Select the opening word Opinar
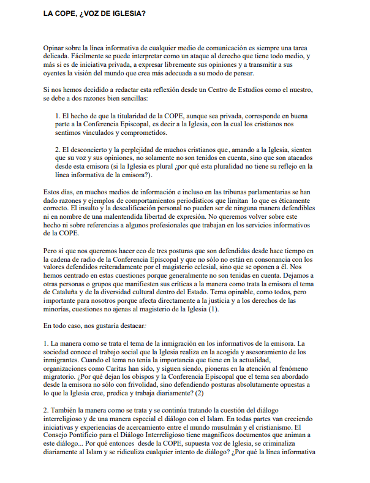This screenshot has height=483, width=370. click(55, 47)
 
